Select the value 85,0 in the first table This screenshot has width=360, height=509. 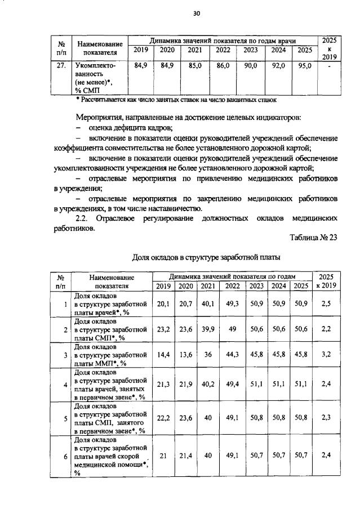coord(195,66)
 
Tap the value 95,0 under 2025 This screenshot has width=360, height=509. coord(305,66)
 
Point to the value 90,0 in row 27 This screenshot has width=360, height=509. coord(250,66)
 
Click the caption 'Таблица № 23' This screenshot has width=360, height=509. coord(313,237)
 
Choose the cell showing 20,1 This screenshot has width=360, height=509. coord(163,304)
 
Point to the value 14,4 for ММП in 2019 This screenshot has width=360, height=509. coord(163,355)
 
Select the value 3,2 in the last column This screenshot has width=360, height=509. coord(326,355)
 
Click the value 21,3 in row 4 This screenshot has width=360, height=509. coord(163,385)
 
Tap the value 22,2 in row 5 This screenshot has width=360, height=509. coord(163,418)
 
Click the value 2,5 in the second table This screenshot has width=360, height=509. coord(326,304)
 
